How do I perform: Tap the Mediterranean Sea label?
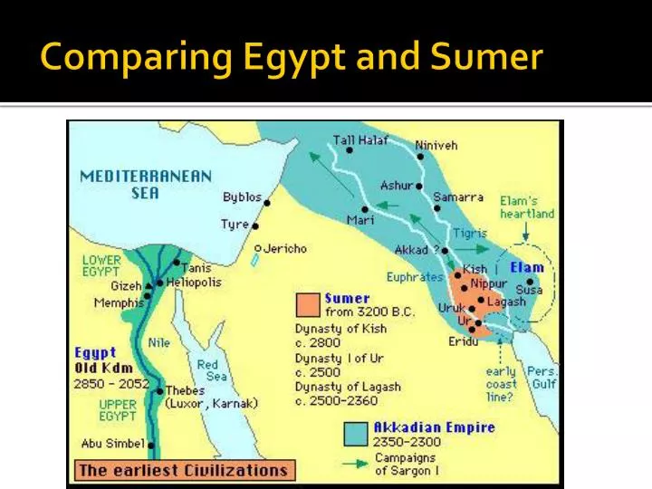(146, 184)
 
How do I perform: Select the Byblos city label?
(242, 197)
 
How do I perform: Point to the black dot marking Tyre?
(255, 225)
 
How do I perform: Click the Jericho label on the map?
(284, 248)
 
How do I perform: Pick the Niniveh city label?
(436, 145)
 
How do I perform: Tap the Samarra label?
(458, 197)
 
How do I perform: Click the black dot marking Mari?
(365, 208)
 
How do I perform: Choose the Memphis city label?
(119, 302)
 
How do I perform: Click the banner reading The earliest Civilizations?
(184, 470)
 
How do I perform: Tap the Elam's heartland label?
(527, 206)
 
